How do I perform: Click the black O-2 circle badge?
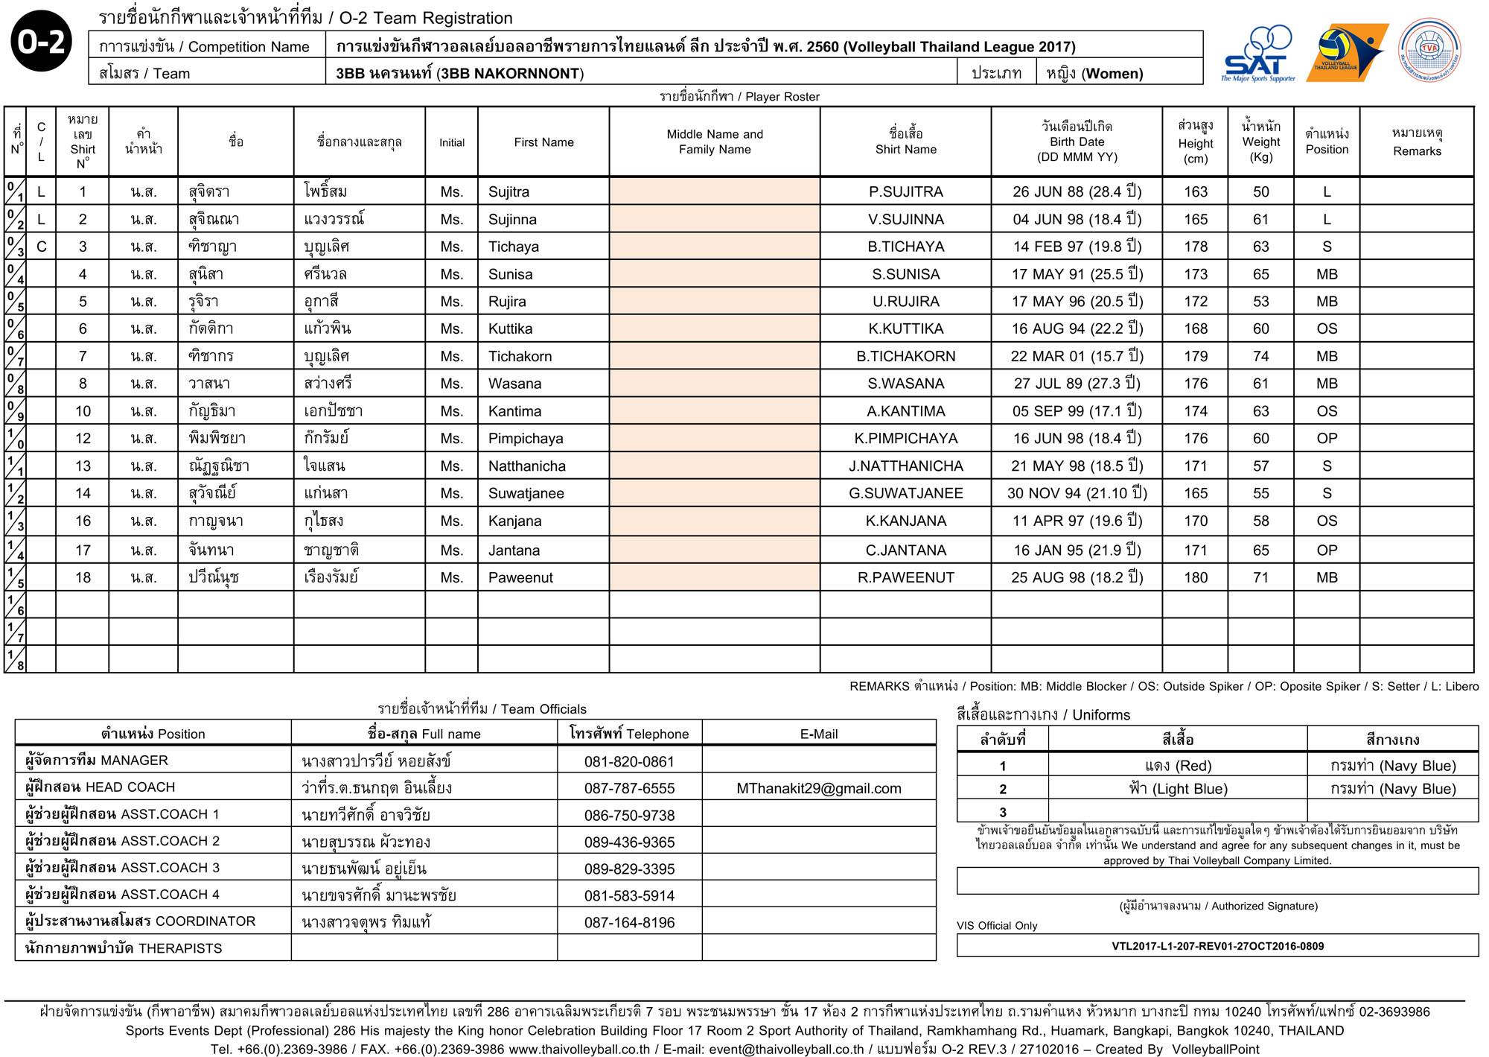pyautogui.click(x=42, y=42)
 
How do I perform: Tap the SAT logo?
pyautogui.click(x=1258, y=55)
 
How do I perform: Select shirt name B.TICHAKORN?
pyautogui.click(x=905, y=356)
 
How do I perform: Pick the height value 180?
pyautogui.click(x=1196, y=577)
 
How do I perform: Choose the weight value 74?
pyautogui.click(x=1260, y=356)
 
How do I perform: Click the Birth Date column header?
pyautogui.click(x=1077, y=142)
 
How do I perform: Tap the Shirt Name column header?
pyautogui.click(x=905, y=142)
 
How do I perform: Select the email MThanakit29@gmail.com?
pyautogui.click(x=818, y=788)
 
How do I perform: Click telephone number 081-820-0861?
pyautogui.click(x=629, y=761)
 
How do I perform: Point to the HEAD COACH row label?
pyautogui.click(x=101, y=787)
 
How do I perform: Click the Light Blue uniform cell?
pyautogui.click(x=1177, y=789)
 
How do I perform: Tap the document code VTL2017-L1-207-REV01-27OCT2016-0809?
pyautogui.click(x=1217, y=946)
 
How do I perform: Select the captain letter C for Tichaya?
pyautogui.click(x=41, y=247)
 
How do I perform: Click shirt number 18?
pyautogui.click(x=83, y=577)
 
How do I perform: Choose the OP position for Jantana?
pyautogui.click(x=1327, y=550)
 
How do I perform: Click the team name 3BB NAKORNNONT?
pyautogui.click(x=459, y=73)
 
